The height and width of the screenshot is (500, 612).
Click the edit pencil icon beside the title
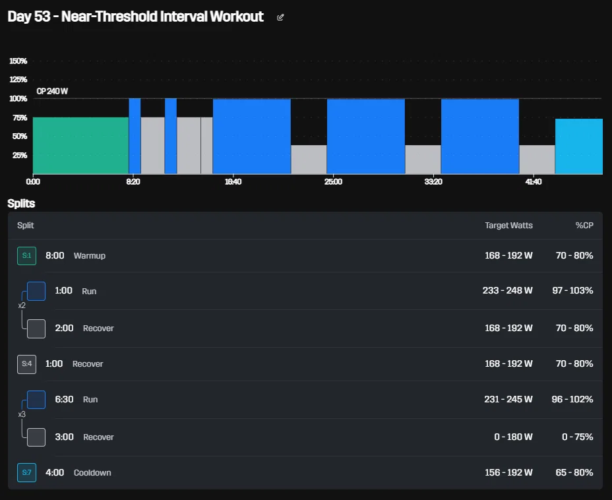(280, 17)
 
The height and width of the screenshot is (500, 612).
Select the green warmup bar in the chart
(81, 146)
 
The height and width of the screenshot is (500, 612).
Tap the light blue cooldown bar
(579, 146)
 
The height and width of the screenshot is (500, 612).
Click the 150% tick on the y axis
(18, 61)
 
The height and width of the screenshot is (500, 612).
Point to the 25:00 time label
(333, 182)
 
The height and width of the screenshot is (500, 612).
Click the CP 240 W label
(52, 91)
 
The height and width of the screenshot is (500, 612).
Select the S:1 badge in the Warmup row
(26, 256)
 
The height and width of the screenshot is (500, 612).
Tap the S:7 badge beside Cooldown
(26, 472)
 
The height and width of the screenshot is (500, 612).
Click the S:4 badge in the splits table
(26, 364)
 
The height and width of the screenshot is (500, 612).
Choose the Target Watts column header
(508, 225)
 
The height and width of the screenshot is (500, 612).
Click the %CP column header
(584, 225)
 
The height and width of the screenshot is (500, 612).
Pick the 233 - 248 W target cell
(507, 290)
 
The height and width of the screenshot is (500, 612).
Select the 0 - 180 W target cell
(513, 437)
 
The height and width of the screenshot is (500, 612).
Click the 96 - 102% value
(572, 399)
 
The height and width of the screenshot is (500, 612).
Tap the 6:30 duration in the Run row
(64, 399)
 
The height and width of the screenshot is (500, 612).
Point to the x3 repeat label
(22, 414)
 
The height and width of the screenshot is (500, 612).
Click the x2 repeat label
(22, 305)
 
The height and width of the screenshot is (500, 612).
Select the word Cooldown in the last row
(92, 473)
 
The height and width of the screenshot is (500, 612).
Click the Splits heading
(21, 203)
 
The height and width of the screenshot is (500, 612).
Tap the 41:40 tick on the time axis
(533, 182)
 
